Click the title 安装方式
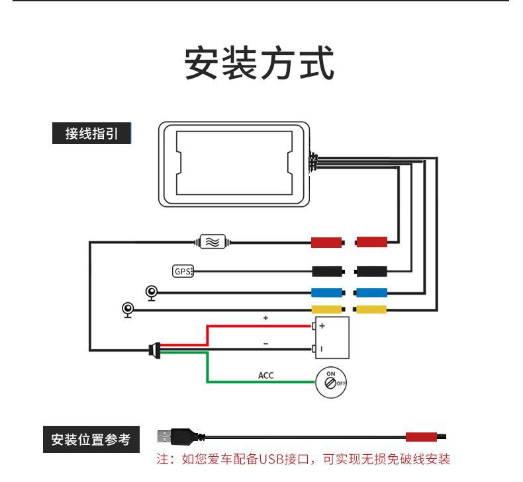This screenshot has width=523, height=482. pyautogui.click(x=260, y=64)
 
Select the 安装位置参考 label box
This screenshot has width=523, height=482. pyautogui.click(x=91, y=439)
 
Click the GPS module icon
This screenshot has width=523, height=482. pyautogui.click(x=181, y=271)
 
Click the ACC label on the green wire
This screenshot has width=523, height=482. pyautogui.click(x=265, y=376)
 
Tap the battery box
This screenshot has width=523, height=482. pyautogui.click(x=332, y=337)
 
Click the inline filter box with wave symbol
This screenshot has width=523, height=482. pyautogui.click(x=213, y=242)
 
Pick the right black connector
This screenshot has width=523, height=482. pyautogui.click(x=371, y=271)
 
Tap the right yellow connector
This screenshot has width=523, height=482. pyautogui.click(x=371, y=309)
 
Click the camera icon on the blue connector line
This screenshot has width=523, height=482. pyautogui.click(x=152, y=292)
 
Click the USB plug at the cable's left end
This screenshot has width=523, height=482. pyautogui.click(x=173, y=436)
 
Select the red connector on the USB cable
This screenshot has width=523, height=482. pyautogui.click(x=420, y=436)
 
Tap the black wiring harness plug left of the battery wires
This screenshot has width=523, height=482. pyautogui.click(x=154, y=348)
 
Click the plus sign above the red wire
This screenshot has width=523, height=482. pyautogui.click(x=265, y=318)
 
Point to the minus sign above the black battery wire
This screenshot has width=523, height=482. pyautogui.click(x=265, y=343)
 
